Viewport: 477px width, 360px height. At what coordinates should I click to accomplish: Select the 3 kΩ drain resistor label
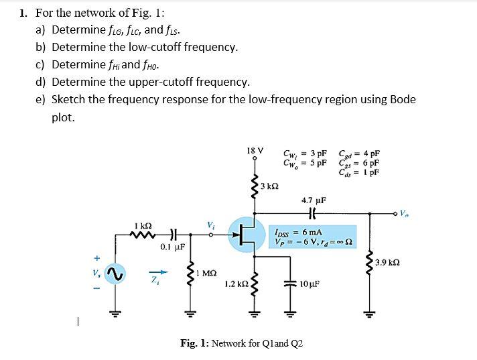(x=269, y=185)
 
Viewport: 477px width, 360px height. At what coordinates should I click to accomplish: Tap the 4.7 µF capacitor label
(x=314, y=200)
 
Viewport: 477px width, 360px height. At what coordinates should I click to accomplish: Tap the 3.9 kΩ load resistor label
(x=389, y=262)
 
